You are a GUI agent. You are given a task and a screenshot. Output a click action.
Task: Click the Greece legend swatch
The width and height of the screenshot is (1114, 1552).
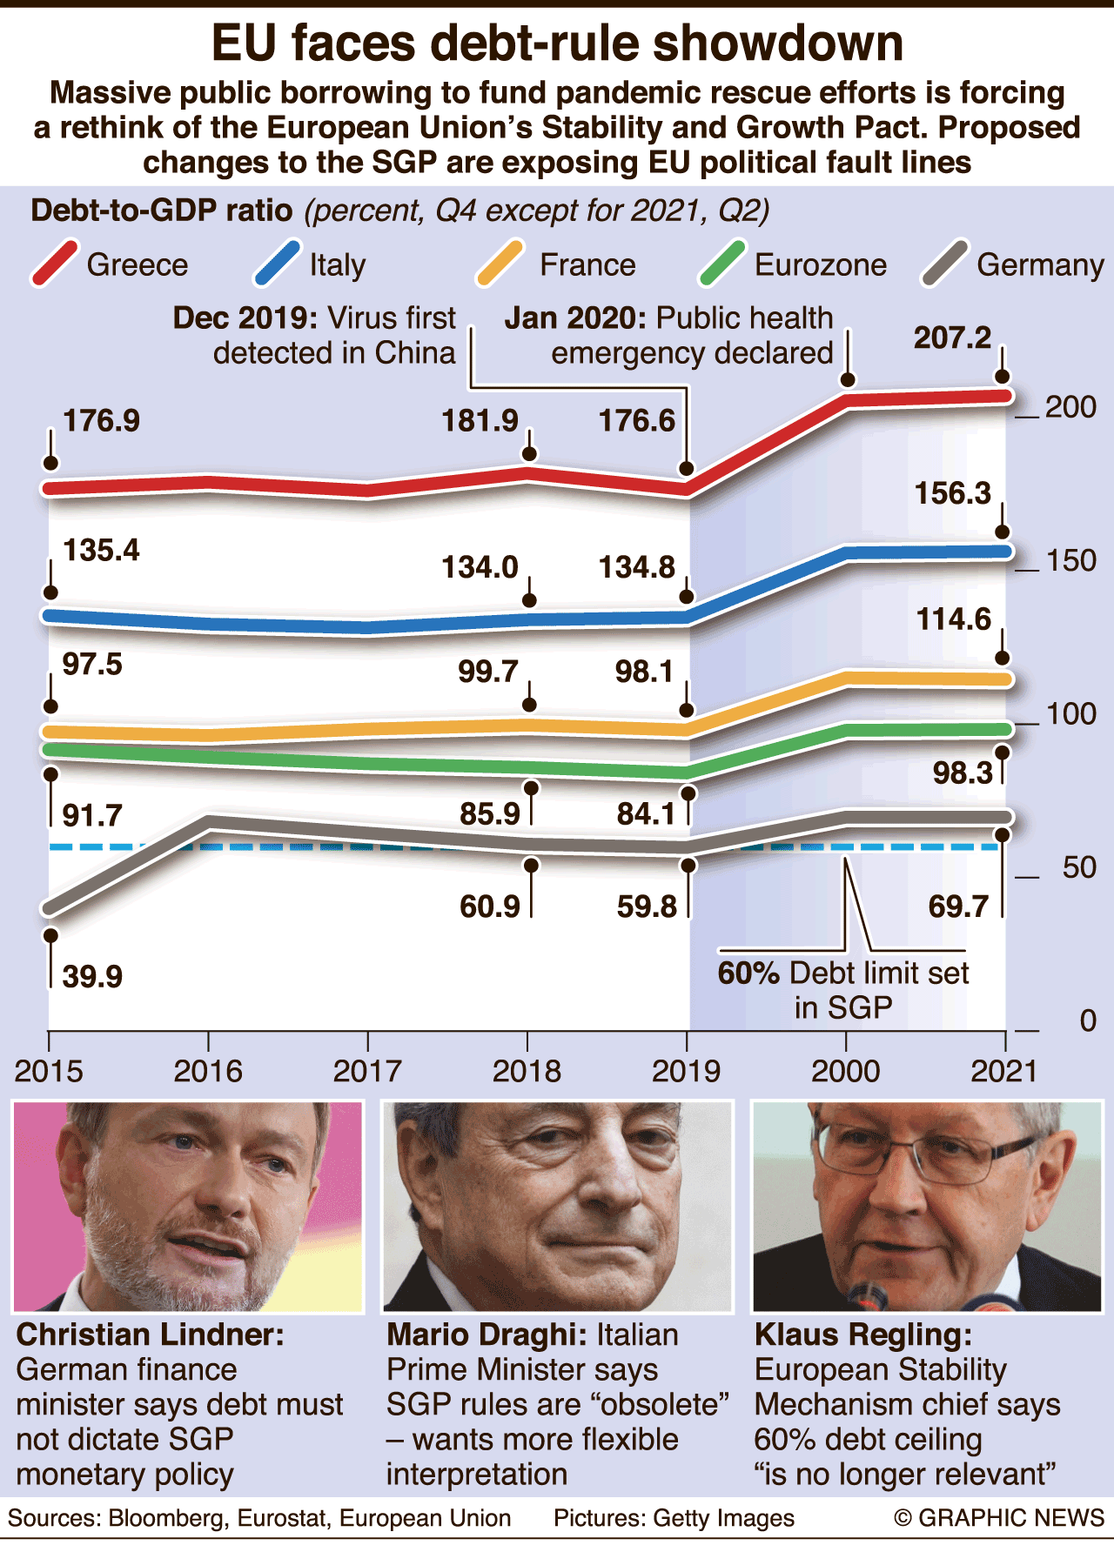(x=55, y=263)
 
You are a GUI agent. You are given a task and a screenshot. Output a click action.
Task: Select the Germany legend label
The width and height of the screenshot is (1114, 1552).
(x=1040, y=264)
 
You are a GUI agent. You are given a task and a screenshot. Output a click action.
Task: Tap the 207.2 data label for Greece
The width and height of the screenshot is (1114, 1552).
(x=952, y=337)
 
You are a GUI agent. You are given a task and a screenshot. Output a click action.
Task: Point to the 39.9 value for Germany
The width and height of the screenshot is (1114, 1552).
(x=92, y=976)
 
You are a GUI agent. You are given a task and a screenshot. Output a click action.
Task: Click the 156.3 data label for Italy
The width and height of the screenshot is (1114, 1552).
(x=953, y=493)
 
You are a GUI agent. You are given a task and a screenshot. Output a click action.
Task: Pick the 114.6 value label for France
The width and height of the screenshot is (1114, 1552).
(x=953, y=619)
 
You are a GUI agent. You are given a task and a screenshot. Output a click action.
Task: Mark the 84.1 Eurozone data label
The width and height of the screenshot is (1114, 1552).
(x=645, y=813)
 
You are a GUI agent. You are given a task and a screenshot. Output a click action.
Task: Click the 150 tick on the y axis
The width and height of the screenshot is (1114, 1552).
(x=1070, y=560)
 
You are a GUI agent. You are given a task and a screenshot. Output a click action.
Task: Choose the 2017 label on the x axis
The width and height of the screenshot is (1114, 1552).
(x=367, y=1071)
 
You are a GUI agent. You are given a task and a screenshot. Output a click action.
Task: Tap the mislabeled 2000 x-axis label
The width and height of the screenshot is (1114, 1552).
(x=845, y=1071)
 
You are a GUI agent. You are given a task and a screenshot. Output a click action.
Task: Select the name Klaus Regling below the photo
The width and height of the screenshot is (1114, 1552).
(x=862, y=1335)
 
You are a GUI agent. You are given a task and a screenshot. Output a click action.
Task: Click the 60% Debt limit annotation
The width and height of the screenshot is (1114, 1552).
(x=842, y=989)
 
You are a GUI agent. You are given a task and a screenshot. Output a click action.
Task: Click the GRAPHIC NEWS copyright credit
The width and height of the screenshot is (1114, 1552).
(x=999, y=1518)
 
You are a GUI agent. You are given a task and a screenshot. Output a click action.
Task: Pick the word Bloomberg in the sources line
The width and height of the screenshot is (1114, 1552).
(x=166, y=1518)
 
